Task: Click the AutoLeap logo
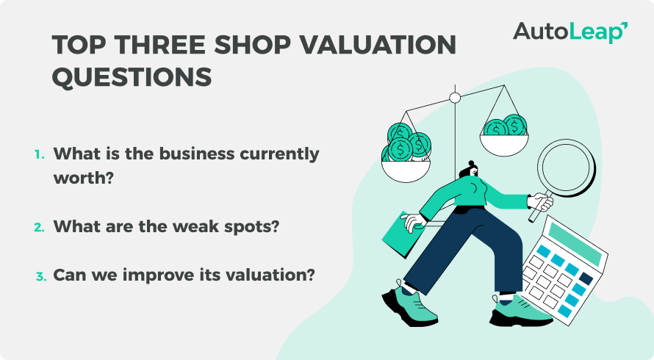[570, 32]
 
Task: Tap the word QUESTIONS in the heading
[132, 76]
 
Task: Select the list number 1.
[39, 155]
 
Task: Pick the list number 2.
[40, 227]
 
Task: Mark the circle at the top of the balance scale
[455, 97]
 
